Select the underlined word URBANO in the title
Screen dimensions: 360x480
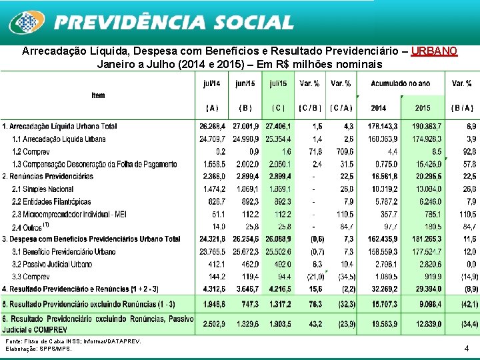tap(434, 51)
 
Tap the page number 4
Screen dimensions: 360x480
tap(467, 348)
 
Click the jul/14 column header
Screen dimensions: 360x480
tap(212, 84)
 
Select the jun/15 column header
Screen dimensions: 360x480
tap(245, 84)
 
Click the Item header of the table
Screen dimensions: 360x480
tap(98, 95)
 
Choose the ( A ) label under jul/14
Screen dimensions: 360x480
tap(212, 108)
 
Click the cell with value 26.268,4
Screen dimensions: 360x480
tap(212, 126)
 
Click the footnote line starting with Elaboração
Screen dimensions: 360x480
tap(38, 349)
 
